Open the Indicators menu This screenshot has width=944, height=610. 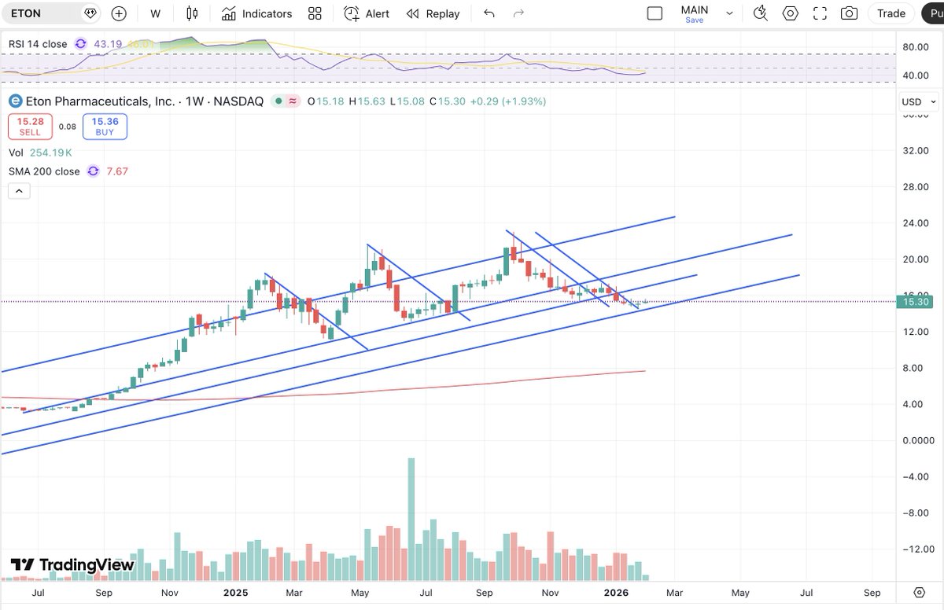click(256, 13)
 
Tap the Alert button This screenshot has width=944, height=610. click(367, 13)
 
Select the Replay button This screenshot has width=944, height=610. click(433, 13)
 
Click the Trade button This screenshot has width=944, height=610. click(891, 13)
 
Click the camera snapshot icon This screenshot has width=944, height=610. click(849, 13)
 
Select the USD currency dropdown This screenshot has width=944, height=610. click(918, 102)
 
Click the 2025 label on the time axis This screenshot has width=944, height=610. click(235, 593)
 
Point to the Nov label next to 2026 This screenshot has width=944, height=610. click(550, 593)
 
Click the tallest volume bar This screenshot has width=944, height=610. click(411, 519)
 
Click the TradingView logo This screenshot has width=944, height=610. click(72, 565)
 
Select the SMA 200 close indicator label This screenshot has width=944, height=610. click(44, 171)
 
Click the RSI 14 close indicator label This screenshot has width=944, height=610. click(38, 44)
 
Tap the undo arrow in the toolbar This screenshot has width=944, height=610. click(489, 13)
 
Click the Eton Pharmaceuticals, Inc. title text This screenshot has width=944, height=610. click(99, 101)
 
